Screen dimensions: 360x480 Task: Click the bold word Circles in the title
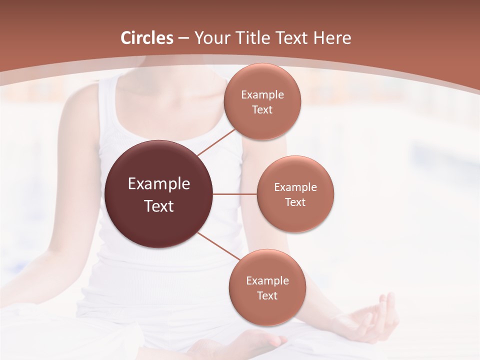click(147, 38)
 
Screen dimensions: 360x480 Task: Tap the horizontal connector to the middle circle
click(234, 194)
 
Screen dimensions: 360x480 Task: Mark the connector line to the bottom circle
click(218, 246)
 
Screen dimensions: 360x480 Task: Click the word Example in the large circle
click(159, 184)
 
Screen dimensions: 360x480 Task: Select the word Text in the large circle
click(159, 206)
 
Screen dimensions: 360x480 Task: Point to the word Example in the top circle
click(262, 94)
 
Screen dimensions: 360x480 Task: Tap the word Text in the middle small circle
click(295, 202)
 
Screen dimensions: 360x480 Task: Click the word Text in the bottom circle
click(267, 295)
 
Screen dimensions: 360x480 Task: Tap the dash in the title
click(183, 38)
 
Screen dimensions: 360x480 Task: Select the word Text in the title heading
click(290, 38)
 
